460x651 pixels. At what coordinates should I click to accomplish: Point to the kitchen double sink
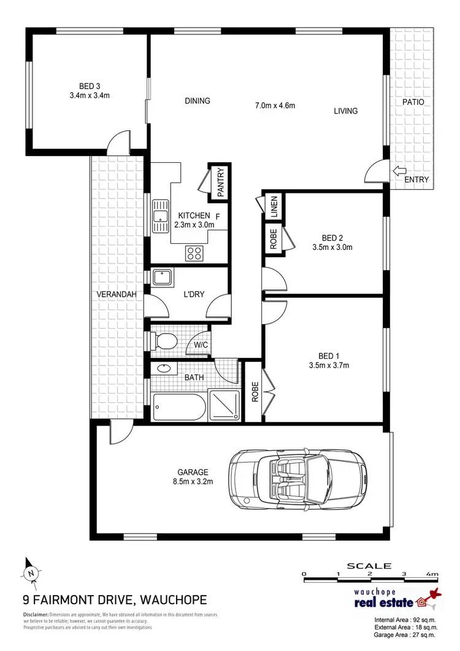tap(161, 217)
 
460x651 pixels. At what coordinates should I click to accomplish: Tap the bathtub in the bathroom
tap(178, 406)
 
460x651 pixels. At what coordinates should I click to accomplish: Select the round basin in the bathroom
tap(164, 370)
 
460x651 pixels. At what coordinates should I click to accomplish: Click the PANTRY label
tap(221, 182)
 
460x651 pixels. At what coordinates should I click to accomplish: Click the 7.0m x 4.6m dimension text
tap(275, 106)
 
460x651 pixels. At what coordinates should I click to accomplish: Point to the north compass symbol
tap(29, 572)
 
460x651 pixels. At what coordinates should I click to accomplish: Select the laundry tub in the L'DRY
tap(163, 278)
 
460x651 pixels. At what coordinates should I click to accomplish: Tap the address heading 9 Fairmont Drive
tap(115, 599)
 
